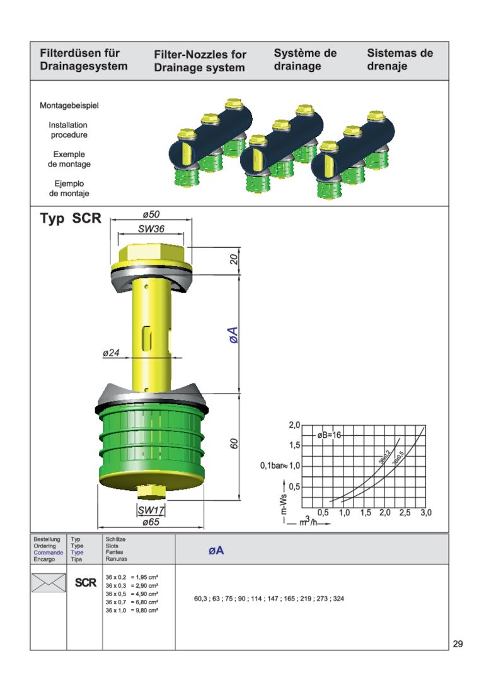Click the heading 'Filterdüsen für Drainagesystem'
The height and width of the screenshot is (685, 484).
point(83,60)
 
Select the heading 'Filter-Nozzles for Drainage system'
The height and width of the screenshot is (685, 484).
point(200,61)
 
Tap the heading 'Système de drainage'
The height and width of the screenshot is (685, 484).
point(305,60)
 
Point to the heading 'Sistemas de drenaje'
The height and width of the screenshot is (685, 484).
point(400,60)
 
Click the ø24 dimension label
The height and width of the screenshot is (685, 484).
point(112,353)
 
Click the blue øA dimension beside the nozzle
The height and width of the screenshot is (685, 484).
point(233,336)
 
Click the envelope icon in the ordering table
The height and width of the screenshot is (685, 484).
point(49,583)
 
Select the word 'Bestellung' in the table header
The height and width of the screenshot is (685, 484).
point(47,540)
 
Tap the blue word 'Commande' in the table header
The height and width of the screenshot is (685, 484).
point(48,553)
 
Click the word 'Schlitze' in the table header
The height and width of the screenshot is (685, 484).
point(115,540)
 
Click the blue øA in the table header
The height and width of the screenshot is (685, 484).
point(216,551)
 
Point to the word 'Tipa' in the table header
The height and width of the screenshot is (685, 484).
point(76,559)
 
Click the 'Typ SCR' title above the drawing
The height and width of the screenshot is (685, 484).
point(71,219)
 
